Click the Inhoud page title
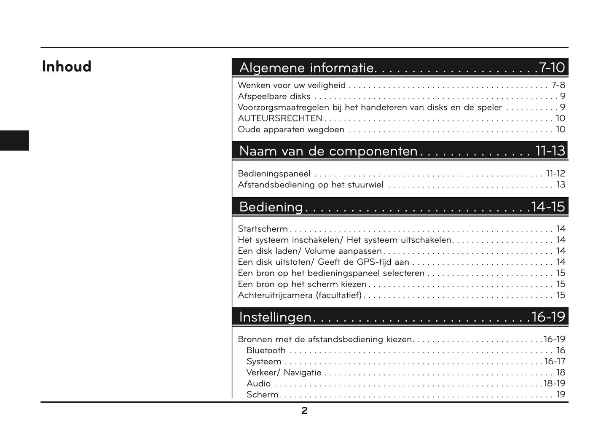(67, 67)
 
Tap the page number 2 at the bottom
(304, 411)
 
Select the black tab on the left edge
(14, 140)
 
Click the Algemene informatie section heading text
(307, 67)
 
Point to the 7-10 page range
(551, 67)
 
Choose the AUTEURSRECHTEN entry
(280, 118)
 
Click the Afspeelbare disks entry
(274, 96)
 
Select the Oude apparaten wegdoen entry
(291, 129)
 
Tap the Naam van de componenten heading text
(328, 151)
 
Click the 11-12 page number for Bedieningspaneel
(555, 174)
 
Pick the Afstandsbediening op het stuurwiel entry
(311, 185)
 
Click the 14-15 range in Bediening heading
(548, 207)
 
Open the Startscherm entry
(263, 229)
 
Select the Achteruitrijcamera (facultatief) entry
(300, 295)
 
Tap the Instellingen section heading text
(275, 317)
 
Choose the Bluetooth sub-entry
(266, 350)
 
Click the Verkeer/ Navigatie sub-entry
(284, 373)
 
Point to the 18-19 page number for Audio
(554, 384)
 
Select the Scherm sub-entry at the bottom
(263, 394)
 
